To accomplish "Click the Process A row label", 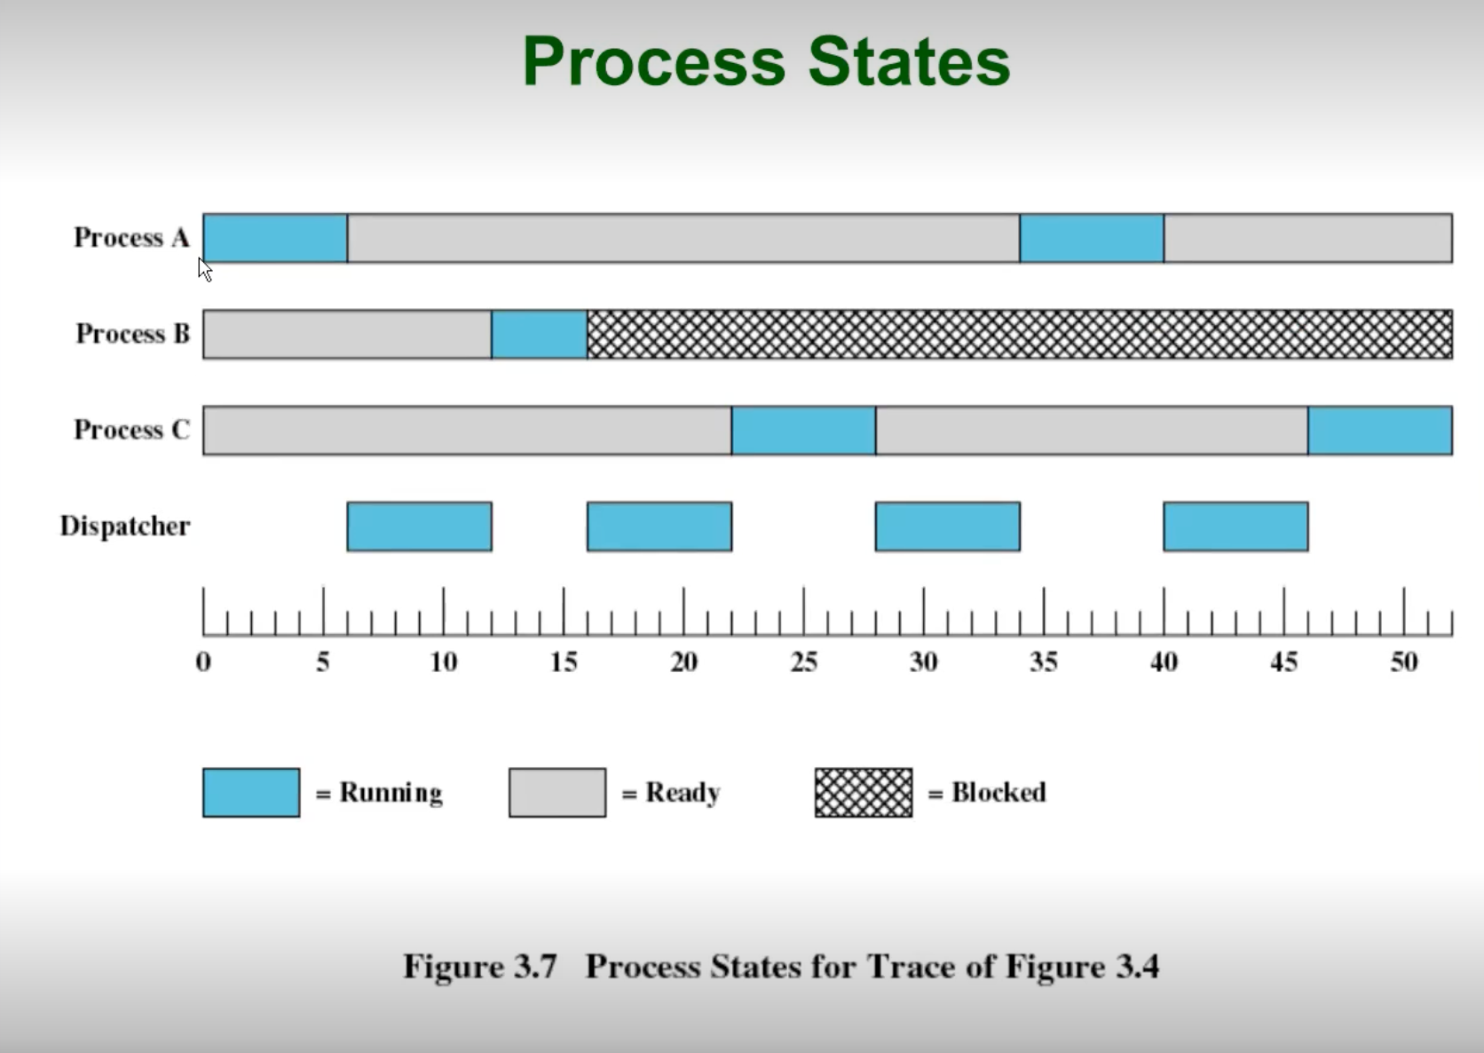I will pyautogui.click(x=131, y=238).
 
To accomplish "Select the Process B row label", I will pyautogui.click(x=133, y=334).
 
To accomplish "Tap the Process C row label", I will pyautogui.click(x=131, y=430).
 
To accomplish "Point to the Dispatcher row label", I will pyautogui.click(x=125, y=526).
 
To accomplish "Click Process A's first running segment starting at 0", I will pyautogui.click(x=275, y=238).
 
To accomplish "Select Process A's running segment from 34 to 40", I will pyautogui.click(x=1092, y=238).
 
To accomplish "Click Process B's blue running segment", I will pyautogui.click(x=539, y=334).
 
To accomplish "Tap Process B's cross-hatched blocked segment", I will pyautogui.click(x=1019, y=334).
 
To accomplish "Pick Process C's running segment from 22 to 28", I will pyautogui.click(x=803, y=430).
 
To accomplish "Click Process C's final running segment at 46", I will pyautogui.click(x=1380, y=430).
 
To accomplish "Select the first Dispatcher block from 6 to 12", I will pyautogui.click(x=419, y=526).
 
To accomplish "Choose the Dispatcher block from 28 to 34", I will pyautogui.click(x=947, y=526).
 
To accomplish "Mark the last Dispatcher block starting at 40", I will pyautogui.click(x=1235, y=526).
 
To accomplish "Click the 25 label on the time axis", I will pyautogui.click(x=804, y=662).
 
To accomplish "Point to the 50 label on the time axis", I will pyautogui.click(x=1404, y=662).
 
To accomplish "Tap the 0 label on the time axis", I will pyautogui.click(x=203, y=662).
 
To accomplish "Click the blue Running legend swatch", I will pyautogui.click(x=251, y=793).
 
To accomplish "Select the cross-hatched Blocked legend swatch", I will pyautogui.click(x=864, y=793).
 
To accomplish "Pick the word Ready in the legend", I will pyautogui.click(x=683, y=793).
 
